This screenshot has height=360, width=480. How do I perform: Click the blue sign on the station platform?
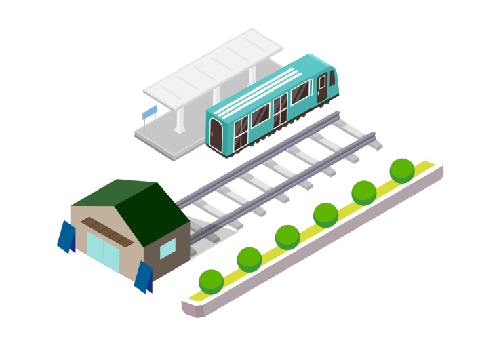pos(149,111)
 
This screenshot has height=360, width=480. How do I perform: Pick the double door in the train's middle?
pos(280,108)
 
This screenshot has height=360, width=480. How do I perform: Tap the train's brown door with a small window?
pos(321,86)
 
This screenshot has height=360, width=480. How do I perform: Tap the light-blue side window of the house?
pos(167,249)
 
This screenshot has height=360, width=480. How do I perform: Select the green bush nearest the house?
pos(212,281)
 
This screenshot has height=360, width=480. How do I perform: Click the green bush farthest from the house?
pos(401,169)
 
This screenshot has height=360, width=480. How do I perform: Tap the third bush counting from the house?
pos(287,237)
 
